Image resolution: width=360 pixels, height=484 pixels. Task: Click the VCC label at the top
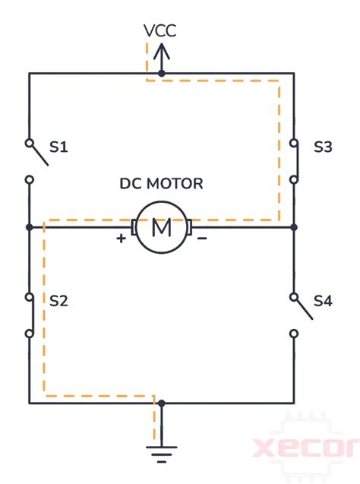[x=161, y=31]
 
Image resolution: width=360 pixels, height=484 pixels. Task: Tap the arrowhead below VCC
[x=161, y=52]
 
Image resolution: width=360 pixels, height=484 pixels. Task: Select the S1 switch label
[x=58, y=147]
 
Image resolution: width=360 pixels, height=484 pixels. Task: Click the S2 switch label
[x=58, y=301]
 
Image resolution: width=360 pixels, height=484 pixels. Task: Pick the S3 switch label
[x=323, y=147]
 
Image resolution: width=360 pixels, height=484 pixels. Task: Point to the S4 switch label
[x=323, y=301]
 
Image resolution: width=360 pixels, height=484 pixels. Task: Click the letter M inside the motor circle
[x=162, y=226]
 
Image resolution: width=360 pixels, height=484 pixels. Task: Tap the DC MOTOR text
[x=162, y=184]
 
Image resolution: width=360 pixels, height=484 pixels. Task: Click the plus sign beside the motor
[x=121, y=239]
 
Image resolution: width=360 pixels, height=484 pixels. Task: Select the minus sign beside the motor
[x=203, y=239]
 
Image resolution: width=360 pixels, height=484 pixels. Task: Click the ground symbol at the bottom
[x=161, y=454]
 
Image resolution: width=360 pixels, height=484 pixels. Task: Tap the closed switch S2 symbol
[x=30, y=315]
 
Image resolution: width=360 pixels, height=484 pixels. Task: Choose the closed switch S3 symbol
[x=294, y=160]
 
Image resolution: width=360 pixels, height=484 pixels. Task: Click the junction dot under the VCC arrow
[x=161, y=74]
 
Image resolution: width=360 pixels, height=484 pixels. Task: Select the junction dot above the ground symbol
[x=161, y=403]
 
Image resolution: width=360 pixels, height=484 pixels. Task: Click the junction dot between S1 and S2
[x=29, y=226]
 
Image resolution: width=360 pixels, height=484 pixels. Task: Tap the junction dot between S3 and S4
[x=294, y=226]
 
